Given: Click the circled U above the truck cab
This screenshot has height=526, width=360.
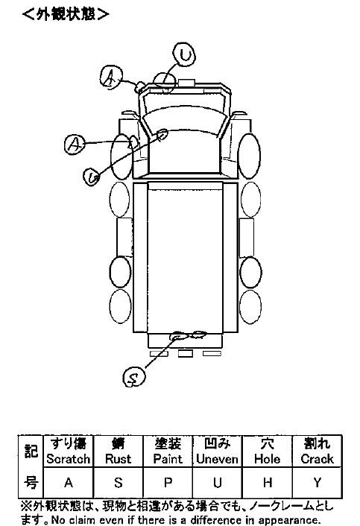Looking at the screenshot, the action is [x=184, y=54].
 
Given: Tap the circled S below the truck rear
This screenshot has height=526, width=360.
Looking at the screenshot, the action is [x=134, y=377].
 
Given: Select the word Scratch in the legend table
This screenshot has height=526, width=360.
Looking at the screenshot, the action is [x=69, y=458].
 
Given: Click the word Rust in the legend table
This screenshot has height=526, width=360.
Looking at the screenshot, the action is [x=118, y=458].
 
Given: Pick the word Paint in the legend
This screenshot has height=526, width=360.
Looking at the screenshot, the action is [x=168, y=458].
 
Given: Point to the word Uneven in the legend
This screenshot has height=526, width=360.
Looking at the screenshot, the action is [x=217, y=458].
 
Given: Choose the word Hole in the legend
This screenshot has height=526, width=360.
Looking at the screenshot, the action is [x=267, y=458].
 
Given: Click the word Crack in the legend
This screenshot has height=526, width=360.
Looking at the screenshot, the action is [x=317, y=458].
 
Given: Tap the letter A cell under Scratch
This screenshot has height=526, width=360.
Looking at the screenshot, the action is [x=69, y=483].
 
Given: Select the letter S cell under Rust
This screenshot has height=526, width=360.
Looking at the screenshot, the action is [x=118, y=483].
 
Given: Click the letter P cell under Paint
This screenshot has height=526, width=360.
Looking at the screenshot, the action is [x=168, y=483].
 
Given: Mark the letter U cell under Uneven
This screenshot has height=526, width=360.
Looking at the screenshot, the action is [x=218, y=483].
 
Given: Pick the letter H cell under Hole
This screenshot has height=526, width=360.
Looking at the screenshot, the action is [x=267, y=483].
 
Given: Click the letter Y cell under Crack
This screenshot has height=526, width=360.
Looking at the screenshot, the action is [x=317, y=483].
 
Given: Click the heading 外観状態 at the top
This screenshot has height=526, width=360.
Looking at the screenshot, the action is [x=66, y=14].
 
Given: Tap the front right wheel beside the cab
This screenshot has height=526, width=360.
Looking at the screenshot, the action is [x=249, y=156].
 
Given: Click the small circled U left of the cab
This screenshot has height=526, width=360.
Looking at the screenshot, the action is [x=92, y=177].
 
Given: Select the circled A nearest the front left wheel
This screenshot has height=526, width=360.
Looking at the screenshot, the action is [x=75, y=145].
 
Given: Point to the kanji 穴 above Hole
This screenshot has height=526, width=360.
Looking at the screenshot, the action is [x=267, y=443].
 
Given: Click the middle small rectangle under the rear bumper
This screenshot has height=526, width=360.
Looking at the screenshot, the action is [x=185, y=354].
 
